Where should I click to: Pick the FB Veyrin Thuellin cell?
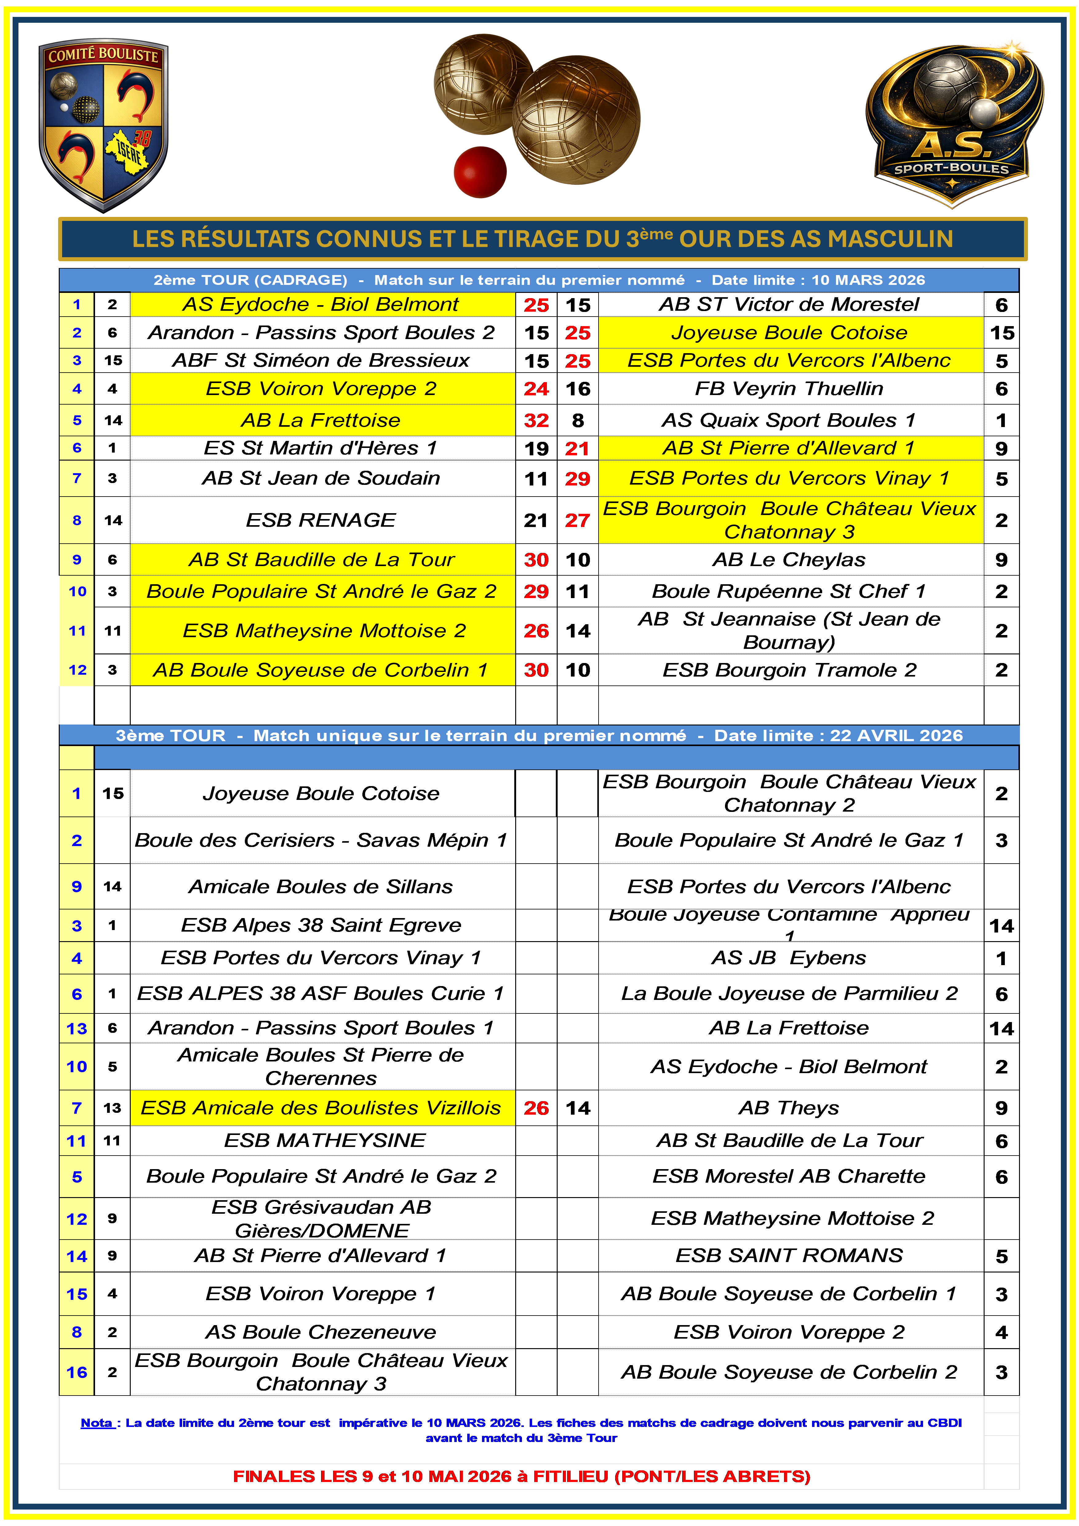pos(789,389)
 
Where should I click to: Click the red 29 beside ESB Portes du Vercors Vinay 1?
pos(577,478)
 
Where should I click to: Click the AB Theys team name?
pos(789,1108)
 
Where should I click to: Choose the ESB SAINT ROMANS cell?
pos(789,1256)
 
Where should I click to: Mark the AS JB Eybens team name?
pos(789,958)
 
